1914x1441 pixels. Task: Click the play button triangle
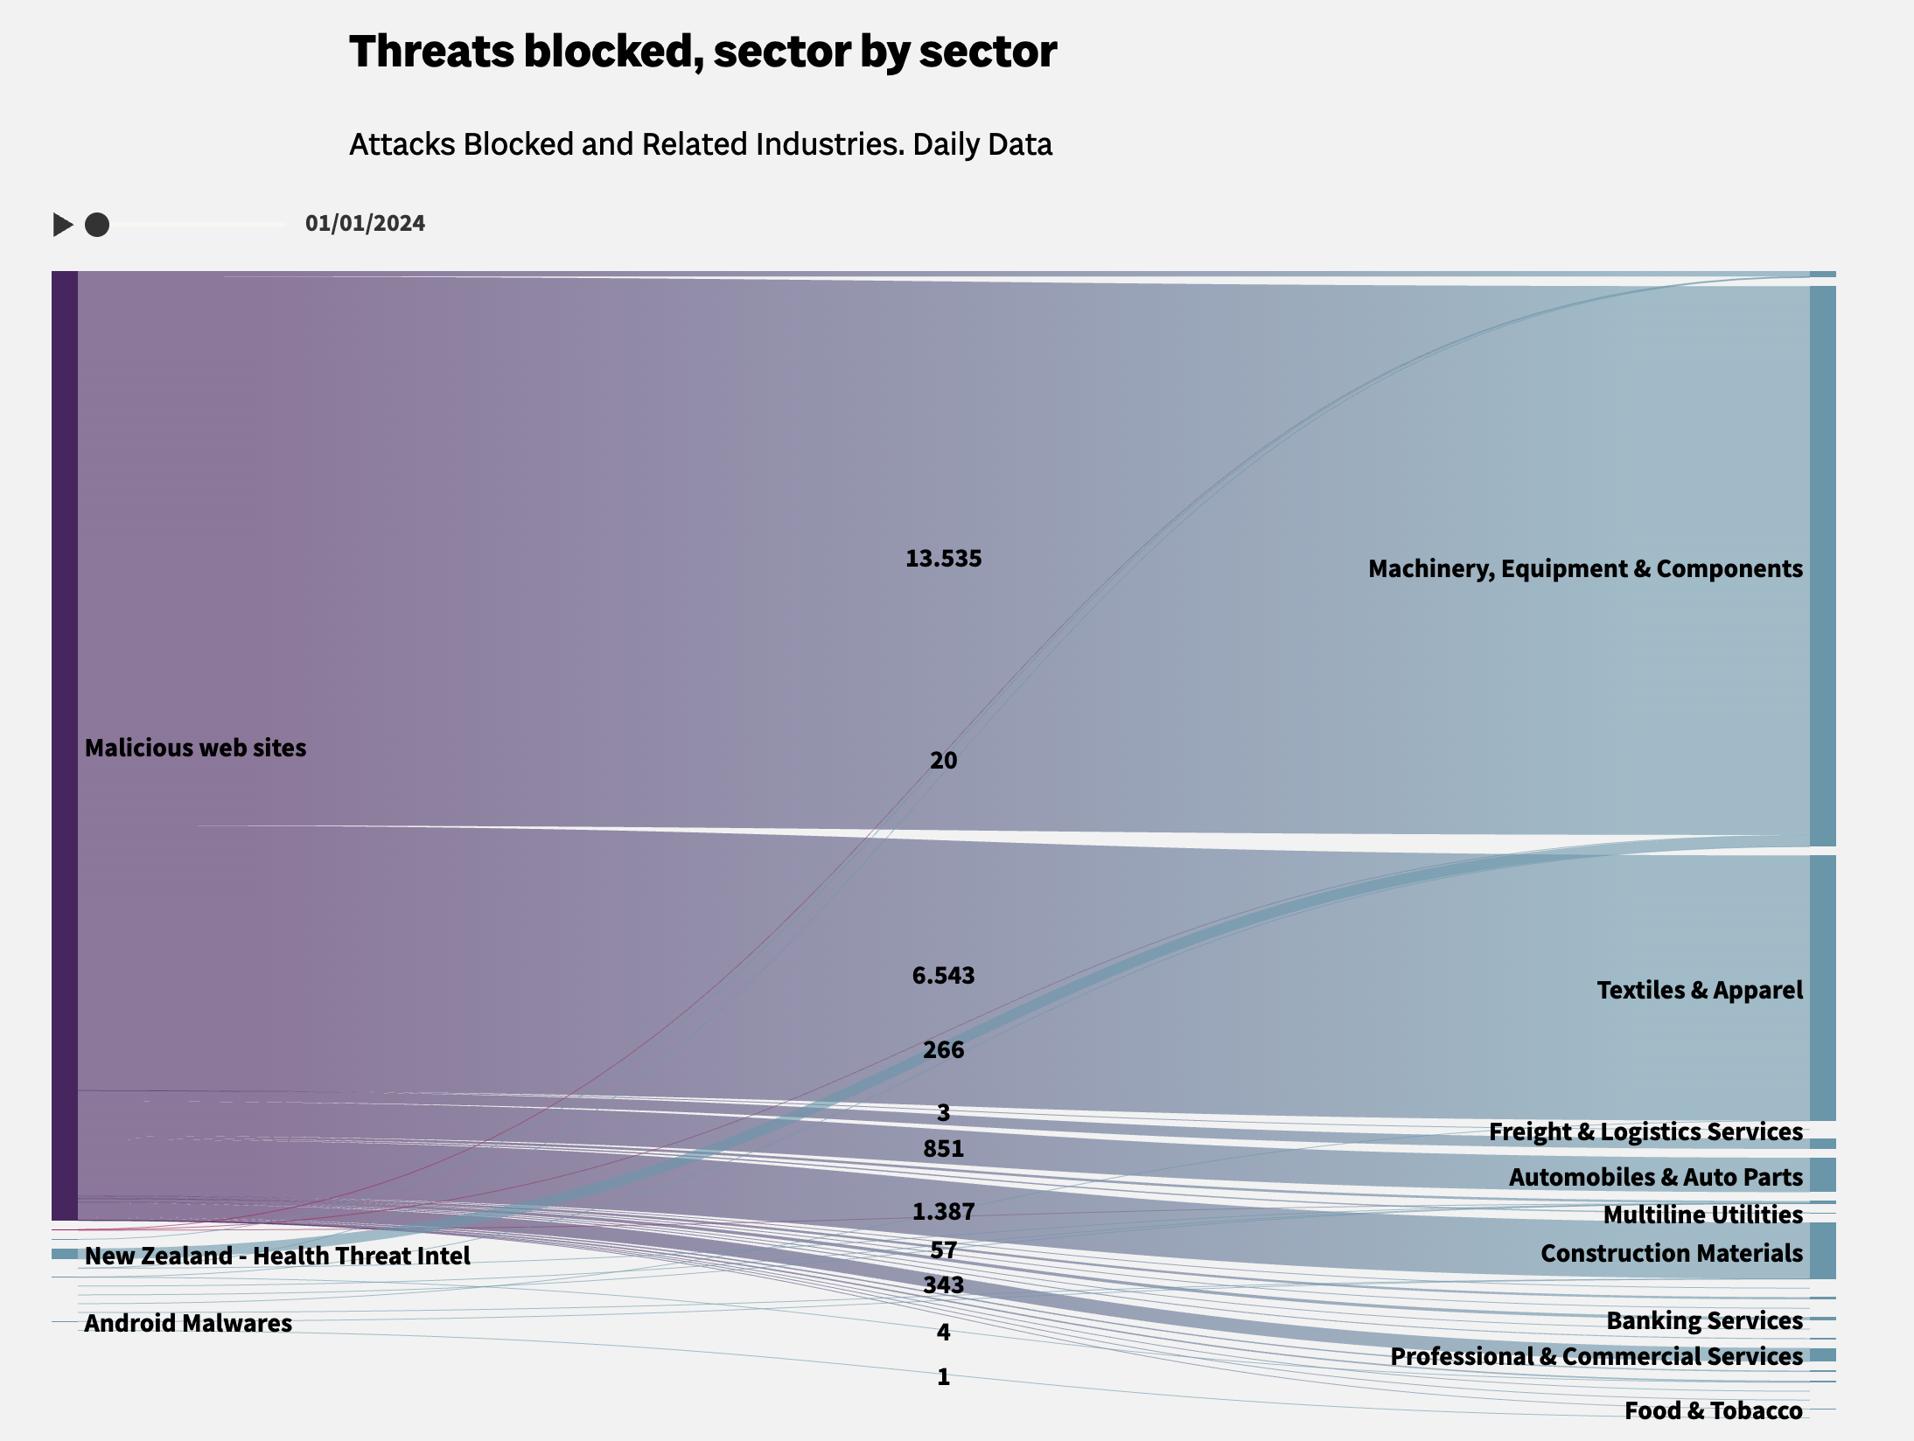(x=62, y=225)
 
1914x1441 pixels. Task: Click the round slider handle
(x=97, y=225)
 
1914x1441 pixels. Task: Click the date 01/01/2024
(x=365, y=223)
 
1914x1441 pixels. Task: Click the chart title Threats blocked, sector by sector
(x=702, y=52)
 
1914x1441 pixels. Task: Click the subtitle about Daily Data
(x=700, y=144)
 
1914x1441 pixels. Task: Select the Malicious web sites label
(x=195, y=748)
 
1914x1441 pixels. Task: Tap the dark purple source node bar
(x=65, y=743)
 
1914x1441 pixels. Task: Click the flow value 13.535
(x=943, y=559)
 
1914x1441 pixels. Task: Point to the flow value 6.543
(x=943, y=976)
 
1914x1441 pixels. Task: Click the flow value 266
(x=943, y=1050)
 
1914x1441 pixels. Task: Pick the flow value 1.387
(x=943, y=1212)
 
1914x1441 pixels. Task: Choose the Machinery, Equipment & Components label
(x=1585, y=569)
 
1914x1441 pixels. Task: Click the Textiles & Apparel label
(x=1699, y=991)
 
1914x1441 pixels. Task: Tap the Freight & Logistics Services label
(x=1645, y=1132)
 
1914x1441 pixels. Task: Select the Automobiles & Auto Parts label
(x=1655, y=1178)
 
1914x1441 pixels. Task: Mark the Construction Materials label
(x=1671, y=1254)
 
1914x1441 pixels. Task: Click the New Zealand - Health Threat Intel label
(x=277, y=1257)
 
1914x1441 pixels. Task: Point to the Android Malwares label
(x=188, y=1324)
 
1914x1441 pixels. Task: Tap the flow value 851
(x=943, y=1149)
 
